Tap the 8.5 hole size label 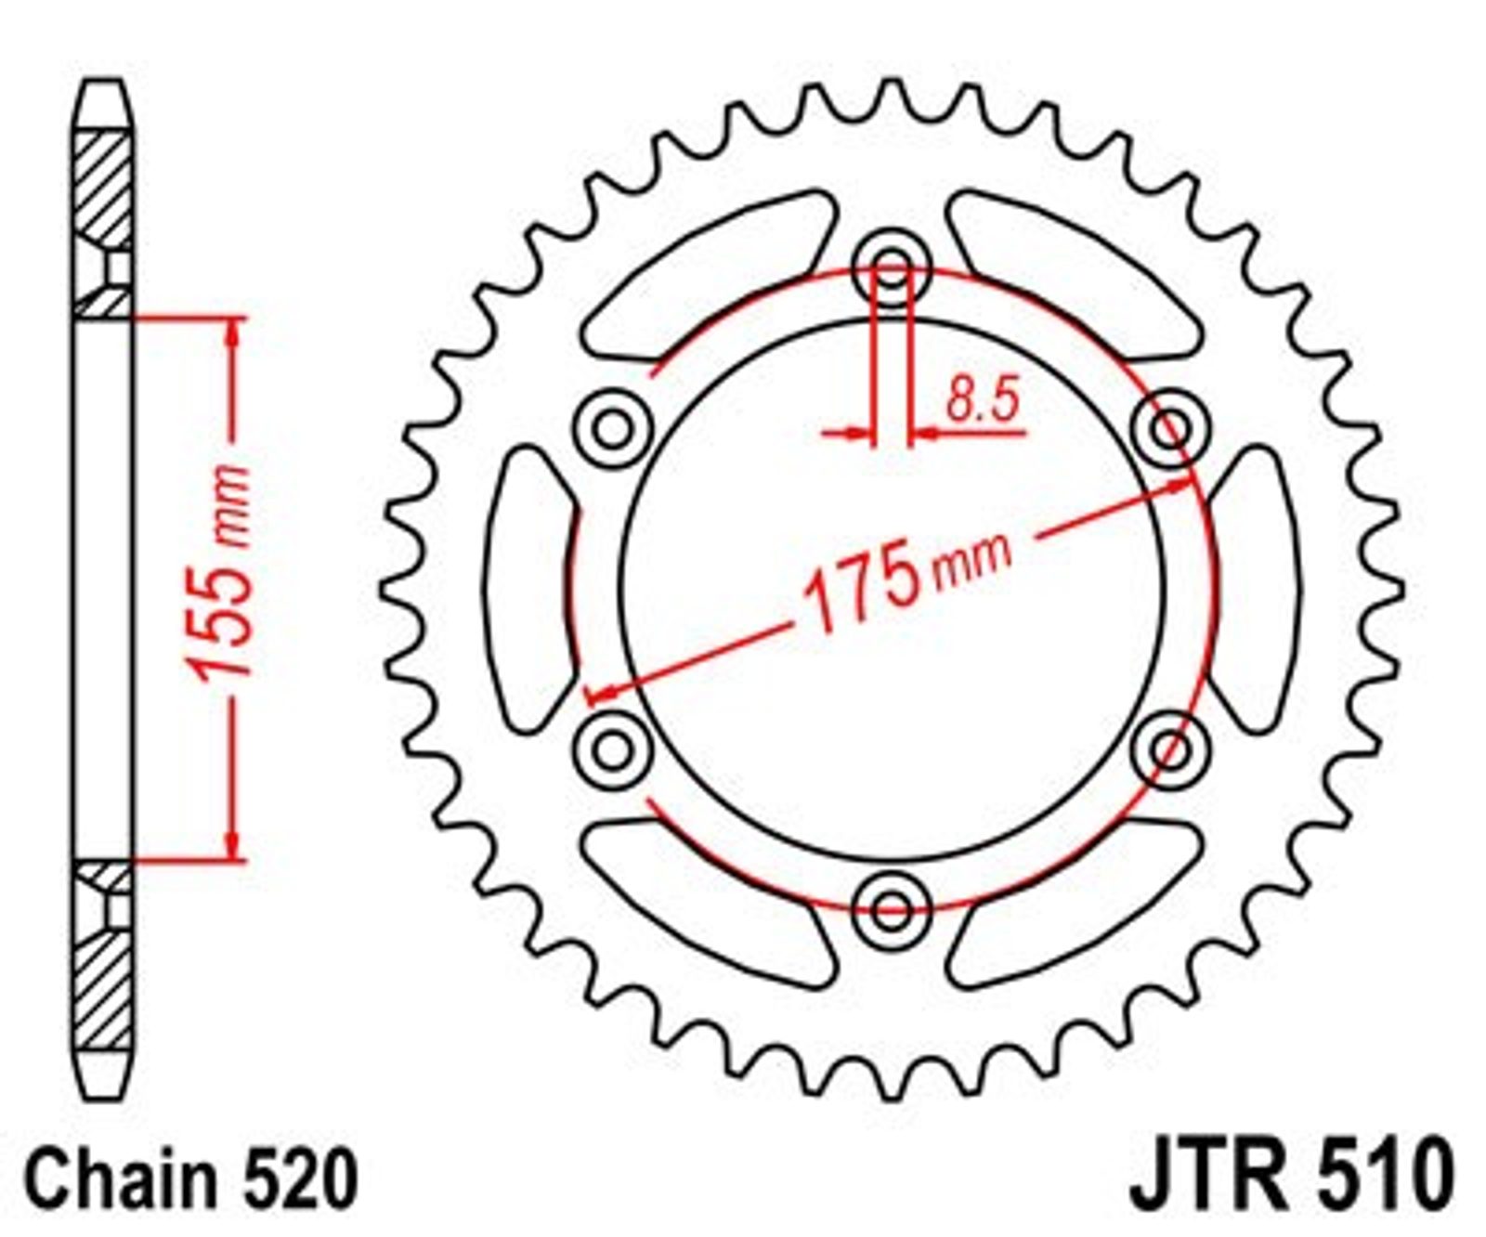983,398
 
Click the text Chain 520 191,1178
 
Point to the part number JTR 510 1290,1177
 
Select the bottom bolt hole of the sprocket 893,907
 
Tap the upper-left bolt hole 613,428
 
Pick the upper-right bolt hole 1172,428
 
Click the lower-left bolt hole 613,749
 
